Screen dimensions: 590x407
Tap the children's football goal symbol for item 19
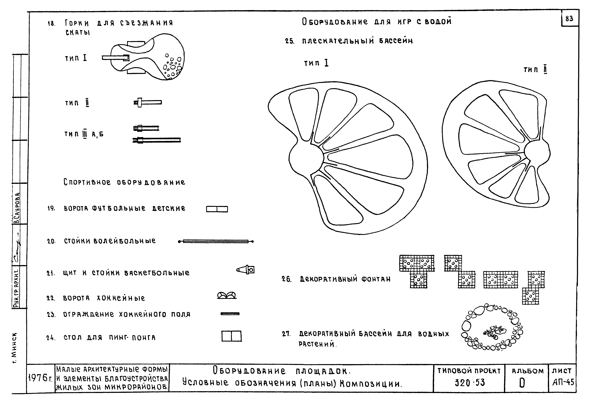coord(217,209)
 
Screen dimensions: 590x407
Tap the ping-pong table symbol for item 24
coord(231,336)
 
